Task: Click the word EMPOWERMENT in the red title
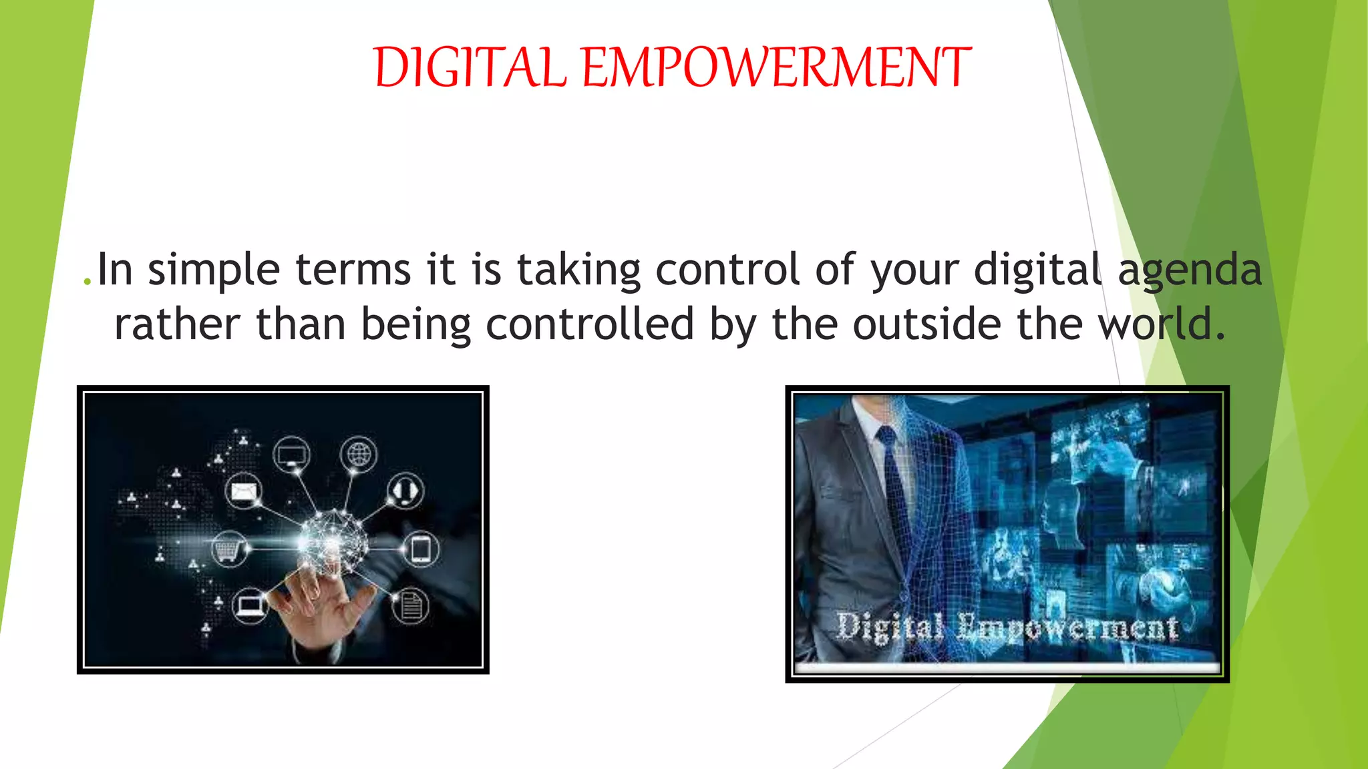click(776, 68)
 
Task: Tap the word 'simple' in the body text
click(213, 270)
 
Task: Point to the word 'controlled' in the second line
click(590, 324)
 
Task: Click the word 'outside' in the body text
click(927, 324)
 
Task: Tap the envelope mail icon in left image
click(243, 492)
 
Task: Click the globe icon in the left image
click(359, 455)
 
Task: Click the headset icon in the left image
click(405, 491)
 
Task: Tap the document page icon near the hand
click(410, 606)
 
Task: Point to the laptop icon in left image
click(250, 606)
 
